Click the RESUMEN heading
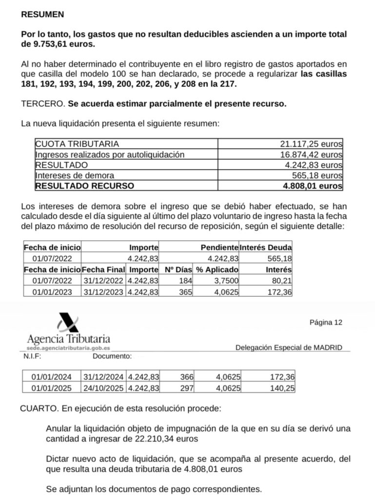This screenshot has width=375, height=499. click(42, 15)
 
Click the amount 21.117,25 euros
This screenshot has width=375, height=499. click(311, 144)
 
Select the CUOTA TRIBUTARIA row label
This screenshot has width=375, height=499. click(77, 144)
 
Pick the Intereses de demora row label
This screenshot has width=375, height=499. click(75, 175)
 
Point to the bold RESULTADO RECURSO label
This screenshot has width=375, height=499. click(84, 186)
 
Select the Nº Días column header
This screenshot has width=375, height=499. click(177, 269)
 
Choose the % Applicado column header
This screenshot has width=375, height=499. click(217, 269)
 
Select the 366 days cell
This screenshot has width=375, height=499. click(187, 377)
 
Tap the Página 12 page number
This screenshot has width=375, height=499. click(326, 322)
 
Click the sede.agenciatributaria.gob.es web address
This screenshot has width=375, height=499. click(68, 349)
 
